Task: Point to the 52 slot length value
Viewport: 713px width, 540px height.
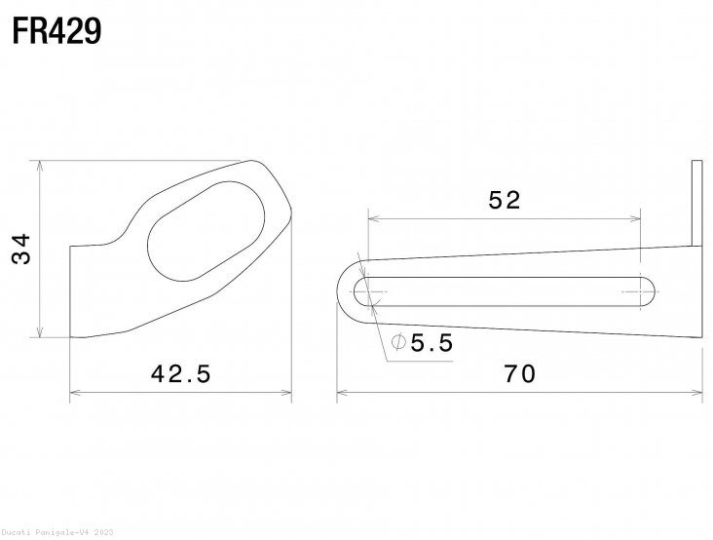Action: tap(505, 200)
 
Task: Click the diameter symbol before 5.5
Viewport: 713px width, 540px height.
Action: tap(398, 343)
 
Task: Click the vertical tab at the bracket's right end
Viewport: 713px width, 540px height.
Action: tap(696, 205)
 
